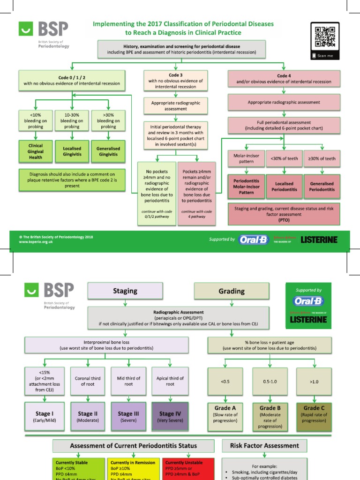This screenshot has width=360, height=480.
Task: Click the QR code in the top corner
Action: (325, 37)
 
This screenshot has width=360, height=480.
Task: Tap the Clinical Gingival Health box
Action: (36, 151)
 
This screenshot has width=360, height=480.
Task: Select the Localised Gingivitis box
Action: (72, 151)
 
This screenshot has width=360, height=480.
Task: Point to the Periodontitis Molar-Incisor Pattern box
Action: (247, 187)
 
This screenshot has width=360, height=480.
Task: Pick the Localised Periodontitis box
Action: (285, 187)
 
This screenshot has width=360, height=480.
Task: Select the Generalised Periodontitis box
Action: (322, 187)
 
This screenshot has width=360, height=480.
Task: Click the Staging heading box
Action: (125, 291)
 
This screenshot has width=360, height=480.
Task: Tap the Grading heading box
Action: (232, 291)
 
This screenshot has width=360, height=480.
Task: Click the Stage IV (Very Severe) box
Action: (170, 417)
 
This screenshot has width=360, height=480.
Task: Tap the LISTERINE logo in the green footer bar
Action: (319, 240)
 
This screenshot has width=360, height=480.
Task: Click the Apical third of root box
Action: (170, 381)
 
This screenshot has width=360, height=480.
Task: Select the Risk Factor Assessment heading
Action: (265, 446)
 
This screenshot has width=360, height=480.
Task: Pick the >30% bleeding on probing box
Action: (109, 120)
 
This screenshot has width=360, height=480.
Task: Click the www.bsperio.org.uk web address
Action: (36, 242)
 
